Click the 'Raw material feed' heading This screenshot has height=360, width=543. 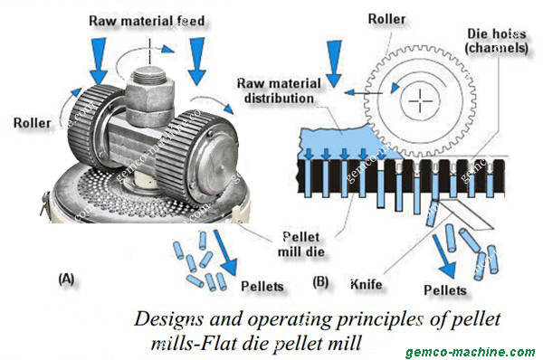(153, 18)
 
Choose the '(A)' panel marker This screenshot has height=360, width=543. (65, 279)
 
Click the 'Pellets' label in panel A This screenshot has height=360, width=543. (262, 286)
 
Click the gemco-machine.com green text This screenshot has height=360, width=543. (478, 351)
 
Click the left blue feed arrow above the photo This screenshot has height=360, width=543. (100, 62)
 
